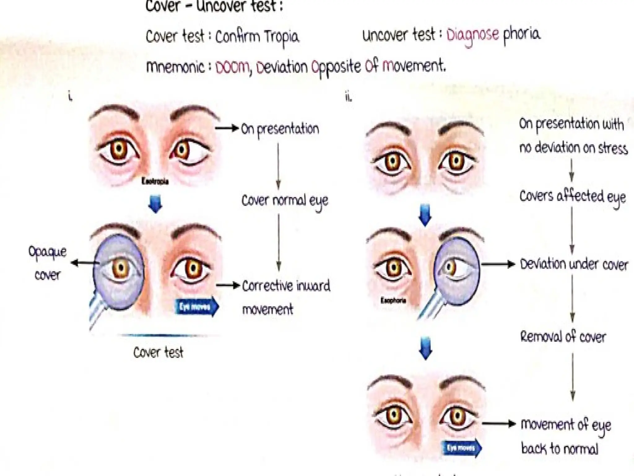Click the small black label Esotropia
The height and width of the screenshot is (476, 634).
pyautogui.click(x=155, y=181)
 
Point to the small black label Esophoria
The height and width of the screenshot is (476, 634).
pyautogui.click(x=393, y=300)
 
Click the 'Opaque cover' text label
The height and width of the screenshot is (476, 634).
pyautogui.click(x=47, y=263)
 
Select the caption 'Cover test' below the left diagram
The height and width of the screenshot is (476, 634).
pyautogui.click(x=158, y=353)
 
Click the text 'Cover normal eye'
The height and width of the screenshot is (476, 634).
pyautogui.click(x=284, y=201)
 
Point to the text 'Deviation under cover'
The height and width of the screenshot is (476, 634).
pyautogui.click(x=574, y=264)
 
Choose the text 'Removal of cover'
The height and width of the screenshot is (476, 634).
pyautogui.click(x=563, y=337)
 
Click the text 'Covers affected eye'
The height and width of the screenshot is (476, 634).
pyautogui.click(x=572, y=196)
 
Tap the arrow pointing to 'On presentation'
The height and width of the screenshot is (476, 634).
pyautogui.click(x=227, y=128)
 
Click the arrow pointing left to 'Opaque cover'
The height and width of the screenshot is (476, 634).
pyautogui.click(x=84, y=263)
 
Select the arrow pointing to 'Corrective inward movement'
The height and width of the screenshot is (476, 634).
pyautogui.click(x=228, y=285)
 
